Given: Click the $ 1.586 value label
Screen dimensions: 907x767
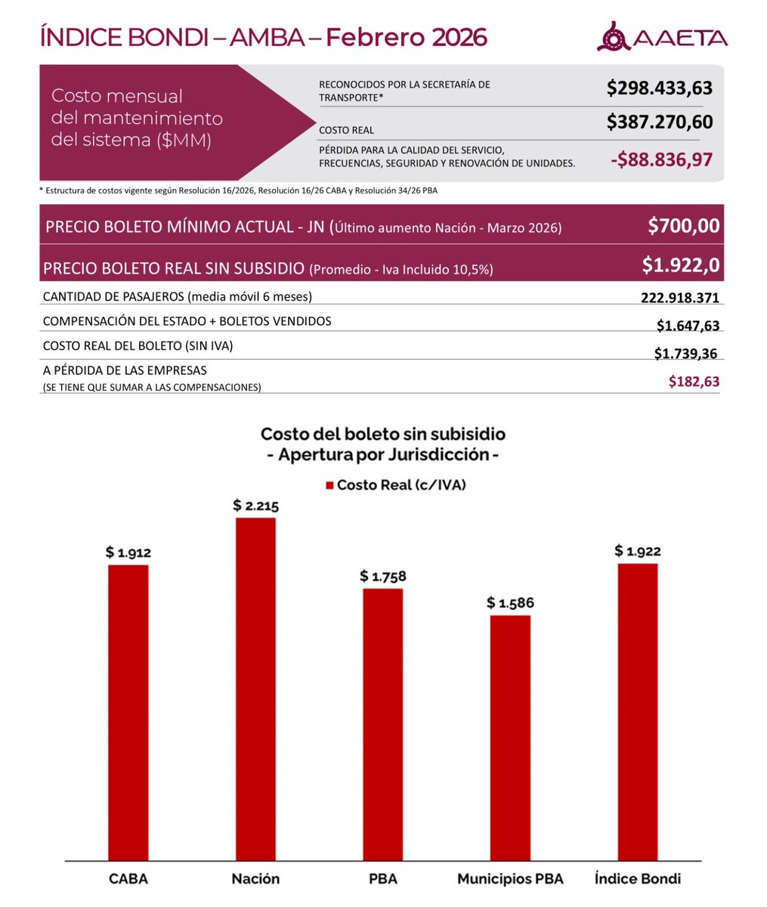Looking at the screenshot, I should click(510, 603).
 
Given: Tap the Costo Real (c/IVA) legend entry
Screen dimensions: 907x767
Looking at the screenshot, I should click(395, 485).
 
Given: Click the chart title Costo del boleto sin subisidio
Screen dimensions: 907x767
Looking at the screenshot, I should click(383, 435).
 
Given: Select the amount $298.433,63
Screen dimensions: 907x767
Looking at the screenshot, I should click(659, 88).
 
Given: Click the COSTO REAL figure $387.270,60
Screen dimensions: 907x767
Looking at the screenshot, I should click(659, 122).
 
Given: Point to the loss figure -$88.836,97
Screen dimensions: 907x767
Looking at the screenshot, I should click(660, 159).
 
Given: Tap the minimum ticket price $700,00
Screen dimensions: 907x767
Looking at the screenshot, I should click(683, 226).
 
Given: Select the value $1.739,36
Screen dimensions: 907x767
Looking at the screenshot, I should click(686, 353).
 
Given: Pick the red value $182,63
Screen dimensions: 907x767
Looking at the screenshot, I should click(694, 382).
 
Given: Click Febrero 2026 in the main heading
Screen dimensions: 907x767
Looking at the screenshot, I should click(407, 36).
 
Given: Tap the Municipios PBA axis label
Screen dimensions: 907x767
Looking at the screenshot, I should click(510, 878).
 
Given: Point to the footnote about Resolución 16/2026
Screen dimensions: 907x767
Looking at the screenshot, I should click(237, 190).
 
